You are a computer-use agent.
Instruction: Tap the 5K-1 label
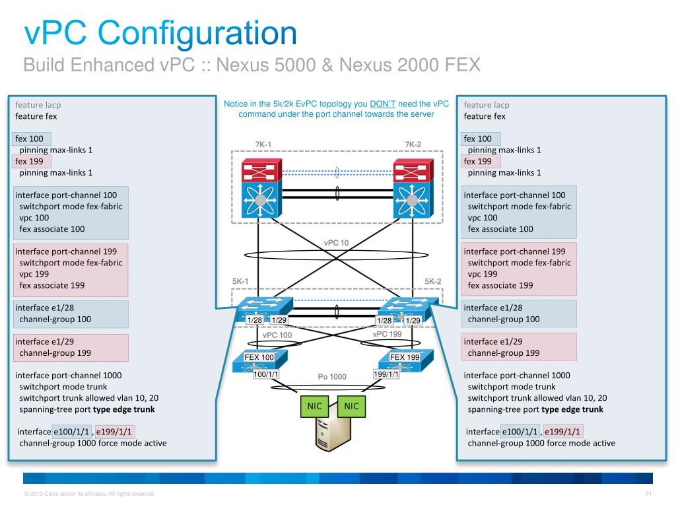tap(240, 281)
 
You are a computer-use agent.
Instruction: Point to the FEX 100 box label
tap(259, 357)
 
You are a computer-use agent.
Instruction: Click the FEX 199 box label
tap(405, 357)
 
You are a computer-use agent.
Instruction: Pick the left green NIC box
tap(315, 406)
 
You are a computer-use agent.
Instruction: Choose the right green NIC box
tap(352, 406)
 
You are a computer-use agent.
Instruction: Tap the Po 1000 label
tap(332, 377)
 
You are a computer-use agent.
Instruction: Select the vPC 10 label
tap(336, 243)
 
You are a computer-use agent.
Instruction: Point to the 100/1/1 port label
tap(266, 374)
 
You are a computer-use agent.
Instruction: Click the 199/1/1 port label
tap(386, 374)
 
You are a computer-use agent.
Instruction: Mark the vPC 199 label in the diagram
tap(387, 334)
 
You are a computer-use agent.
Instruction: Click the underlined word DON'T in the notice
tap(382, 104)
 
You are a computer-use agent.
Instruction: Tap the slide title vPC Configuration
tap(160, 32)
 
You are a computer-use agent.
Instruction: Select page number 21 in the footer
tap(648, 494)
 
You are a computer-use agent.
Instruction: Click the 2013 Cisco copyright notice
tap(88, 494)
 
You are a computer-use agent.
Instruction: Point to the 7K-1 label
tap(263, 145)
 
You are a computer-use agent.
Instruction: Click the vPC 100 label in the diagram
tap(277, 335)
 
